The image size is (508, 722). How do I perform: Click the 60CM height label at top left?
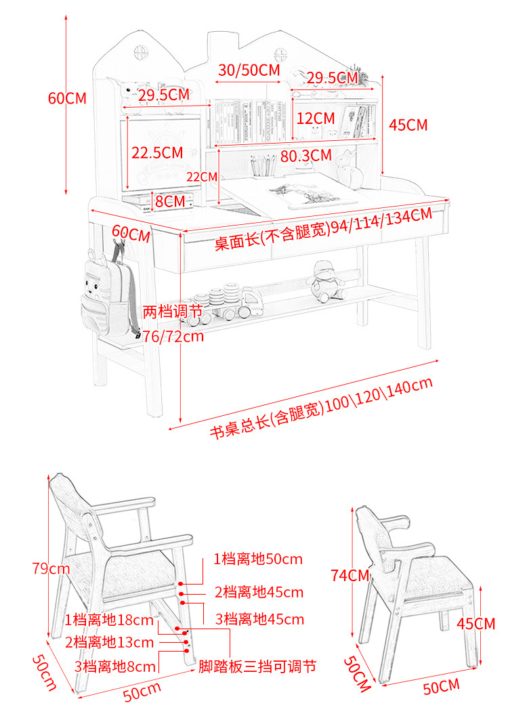pos(66,98)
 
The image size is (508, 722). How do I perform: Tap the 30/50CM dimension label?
pos(249,70)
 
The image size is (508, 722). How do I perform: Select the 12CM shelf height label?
pos(316,118)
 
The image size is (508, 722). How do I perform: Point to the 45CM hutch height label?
pos(408,125)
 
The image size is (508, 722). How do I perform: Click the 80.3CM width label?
pos(305,156)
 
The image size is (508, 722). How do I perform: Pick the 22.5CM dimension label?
pos(157,152)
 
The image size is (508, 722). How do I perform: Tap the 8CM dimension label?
pos(169,200)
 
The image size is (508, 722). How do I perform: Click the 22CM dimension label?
pos(202,177)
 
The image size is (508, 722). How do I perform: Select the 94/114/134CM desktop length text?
pos(323,230)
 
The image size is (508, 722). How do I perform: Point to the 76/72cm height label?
pos(173,336)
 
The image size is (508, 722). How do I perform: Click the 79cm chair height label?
pos(51,568)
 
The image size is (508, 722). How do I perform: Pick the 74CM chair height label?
pos(350,576)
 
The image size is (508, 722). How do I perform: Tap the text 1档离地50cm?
pos(258,559)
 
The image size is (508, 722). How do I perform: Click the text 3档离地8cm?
pos(115,666)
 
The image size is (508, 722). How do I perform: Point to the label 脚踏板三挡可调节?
pos(257,666)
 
